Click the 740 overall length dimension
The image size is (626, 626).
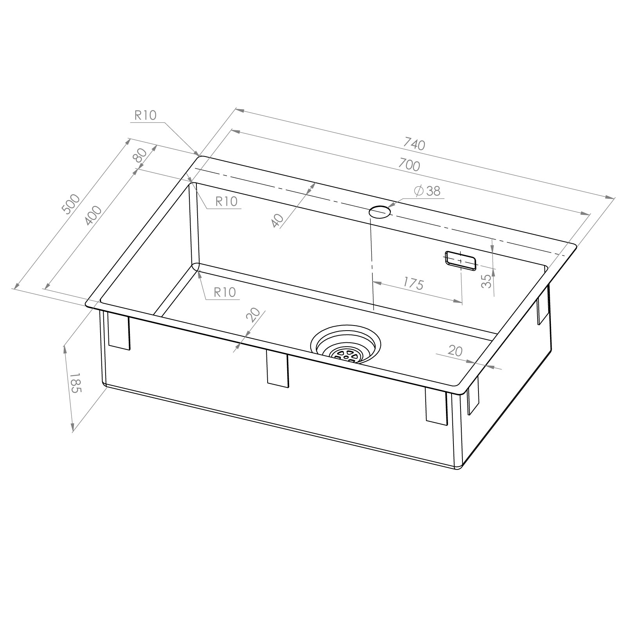414,145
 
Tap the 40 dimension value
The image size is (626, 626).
277,221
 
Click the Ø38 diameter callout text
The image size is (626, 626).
427,191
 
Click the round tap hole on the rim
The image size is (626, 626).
380,212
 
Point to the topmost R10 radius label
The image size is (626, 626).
145,115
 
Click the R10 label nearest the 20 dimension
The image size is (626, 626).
225,292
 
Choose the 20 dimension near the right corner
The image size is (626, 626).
455,351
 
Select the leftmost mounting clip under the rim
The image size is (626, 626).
119,332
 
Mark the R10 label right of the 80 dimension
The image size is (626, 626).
226,201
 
